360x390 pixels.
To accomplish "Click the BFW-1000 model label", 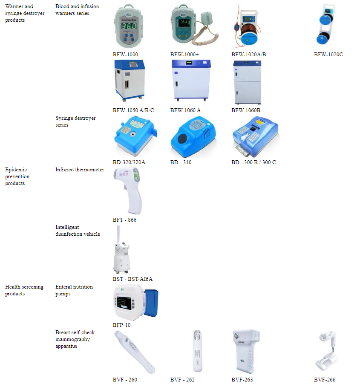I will (125, 55).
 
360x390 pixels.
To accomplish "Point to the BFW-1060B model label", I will (246, 110).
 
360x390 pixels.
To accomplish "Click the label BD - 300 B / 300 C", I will (253, 162).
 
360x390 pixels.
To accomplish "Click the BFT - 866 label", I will (125, 220).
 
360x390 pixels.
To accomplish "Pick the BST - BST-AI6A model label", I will (132, 279).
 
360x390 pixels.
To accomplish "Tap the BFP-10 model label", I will (122, 325).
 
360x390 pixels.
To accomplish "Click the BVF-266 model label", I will (325, 379).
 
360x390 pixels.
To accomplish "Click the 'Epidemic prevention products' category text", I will (17, 176).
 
